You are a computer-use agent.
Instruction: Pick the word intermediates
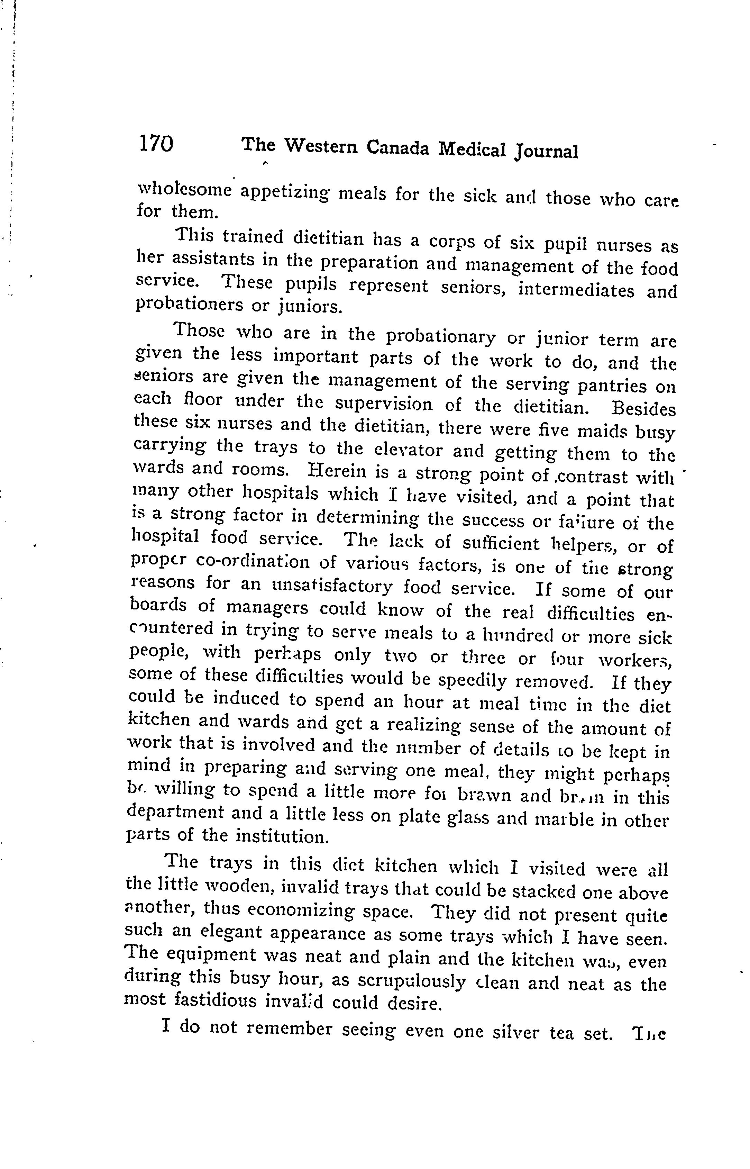point(576,290)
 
